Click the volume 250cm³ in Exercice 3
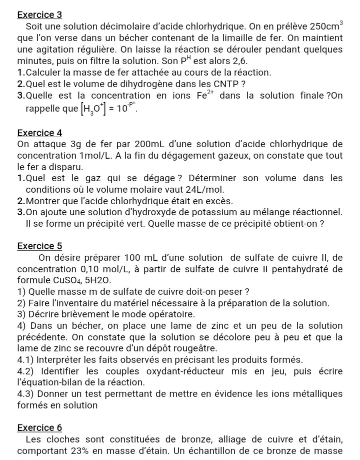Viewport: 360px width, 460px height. [326, 26]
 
